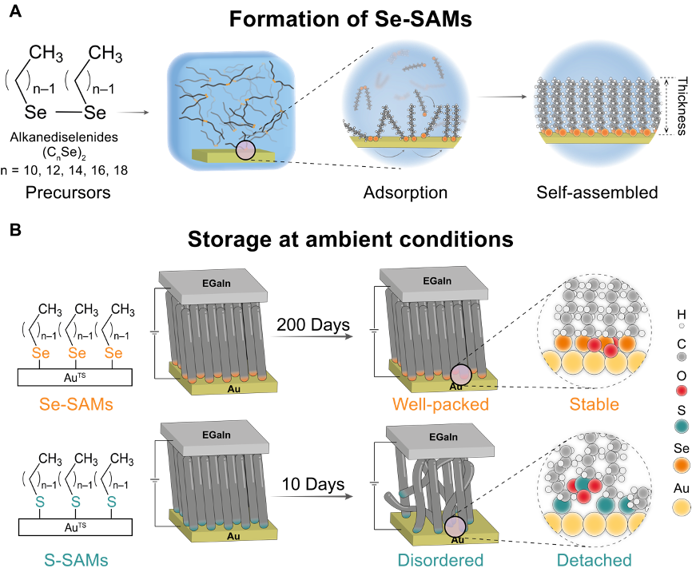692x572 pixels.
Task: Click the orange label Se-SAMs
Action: pyautogui.click(x=76, y=404)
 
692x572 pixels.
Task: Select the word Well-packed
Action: pyautogui.click(x=440, y=404)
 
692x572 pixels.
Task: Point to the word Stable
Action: pyautogui.click(x=594, y=404)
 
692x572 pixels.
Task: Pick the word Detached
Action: pyautogui.click(x=594, y=559)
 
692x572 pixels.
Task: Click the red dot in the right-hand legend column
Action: pyautogui.click(x=682, y=391)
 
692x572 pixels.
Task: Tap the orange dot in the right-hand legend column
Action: pyautogui.click(x=682, y=466)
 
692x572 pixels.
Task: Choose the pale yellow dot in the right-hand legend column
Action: pyautogui.click(x=682, y=507)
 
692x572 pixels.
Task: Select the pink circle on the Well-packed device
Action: pyautogui.click(x=460, y=375)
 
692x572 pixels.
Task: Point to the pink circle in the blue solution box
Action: pyautogui.click(x=245, y=149)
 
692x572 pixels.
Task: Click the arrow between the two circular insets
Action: pyautogui.click(x=502, y=97)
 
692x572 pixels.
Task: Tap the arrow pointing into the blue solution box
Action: pyautogui.click(x=133, y=113)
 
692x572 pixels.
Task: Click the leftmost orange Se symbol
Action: pyautogui.click(x=40, y=353)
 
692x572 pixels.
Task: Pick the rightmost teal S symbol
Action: pyautogui.click(x=112, y=502)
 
